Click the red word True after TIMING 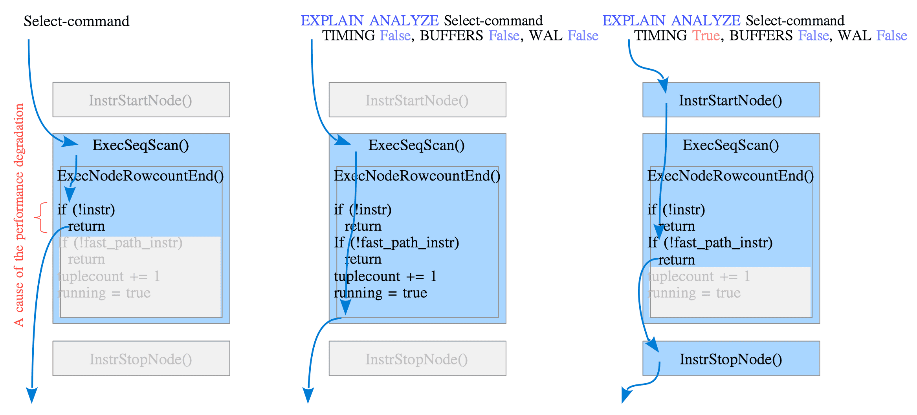[x=706, y=36]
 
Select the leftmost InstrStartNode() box [x=141, y=100]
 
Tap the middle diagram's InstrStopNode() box [x=417, y=359]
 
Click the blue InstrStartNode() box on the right [x=731, y=100]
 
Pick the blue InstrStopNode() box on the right [x=731, y=359]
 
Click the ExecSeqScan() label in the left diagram [x=141, y=145]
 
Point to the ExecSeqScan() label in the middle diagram [x=416, y=145]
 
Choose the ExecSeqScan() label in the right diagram [x=731, y=145]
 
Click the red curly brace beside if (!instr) [x=41, y=218]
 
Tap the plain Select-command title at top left [x=76, y=21]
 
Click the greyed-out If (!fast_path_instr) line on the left [x=120, y=243]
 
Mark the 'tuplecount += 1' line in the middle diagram [x=385, y=277]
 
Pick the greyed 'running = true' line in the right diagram [x=694, y=293]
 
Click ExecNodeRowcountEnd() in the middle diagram [x=417, y=176]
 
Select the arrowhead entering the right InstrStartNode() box [x=663, y=84]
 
